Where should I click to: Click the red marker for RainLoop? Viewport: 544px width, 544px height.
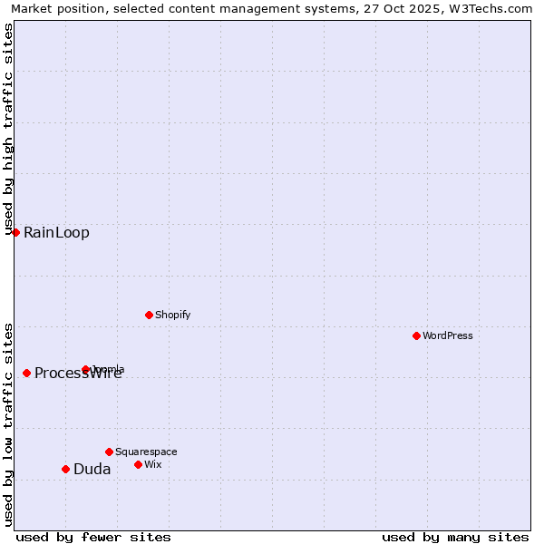pyautogui.click(x=15, y=232)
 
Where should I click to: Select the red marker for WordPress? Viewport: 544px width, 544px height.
pyautogui.click(x=416, y=335)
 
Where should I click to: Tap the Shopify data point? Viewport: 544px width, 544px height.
pyautogui.click(x=149, y=315)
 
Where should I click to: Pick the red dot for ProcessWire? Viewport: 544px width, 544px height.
pyautogui.click(x=26, y=373)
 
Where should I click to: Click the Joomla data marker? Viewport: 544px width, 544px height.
pyautogui.click(x=85, y=369)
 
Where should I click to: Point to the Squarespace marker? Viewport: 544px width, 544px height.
pyautogui.click(x=109, y=452)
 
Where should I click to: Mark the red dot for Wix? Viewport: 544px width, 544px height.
pyautogui.click(x=138, y=464)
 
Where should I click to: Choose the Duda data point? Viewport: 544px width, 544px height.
pyautogui.click(x=65, y=469)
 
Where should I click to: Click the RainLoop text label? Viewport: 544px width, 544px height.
pyautogui.click(x=56, y=233)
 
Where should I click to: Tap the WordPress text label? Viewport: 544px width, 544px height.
pyautogui.click(x=448, y=335)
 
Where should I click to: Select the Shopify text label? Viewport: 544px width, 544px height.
pyautogui.click(x=172, y=315)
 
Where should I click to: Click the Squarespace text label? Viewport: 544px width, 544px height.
pyautogui.click(x=146, y=452)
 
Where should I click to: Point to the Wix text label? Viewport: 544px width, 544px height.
pyautogui.click(x=153, y=464)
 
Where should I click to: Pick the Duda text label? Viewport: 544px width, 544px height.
pyautogui.click(x=92, y=470)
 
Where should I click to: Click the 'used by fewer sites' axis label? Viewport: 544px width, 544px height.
pyautogui.click(x=93, y=537)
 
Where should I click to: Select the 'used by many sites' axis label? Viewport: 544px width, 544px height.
pyautogui.click(x=455, y=537)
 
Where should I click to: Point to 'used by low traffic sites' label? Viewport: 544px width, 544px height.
pyautogui.click(x=8, y=423)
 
